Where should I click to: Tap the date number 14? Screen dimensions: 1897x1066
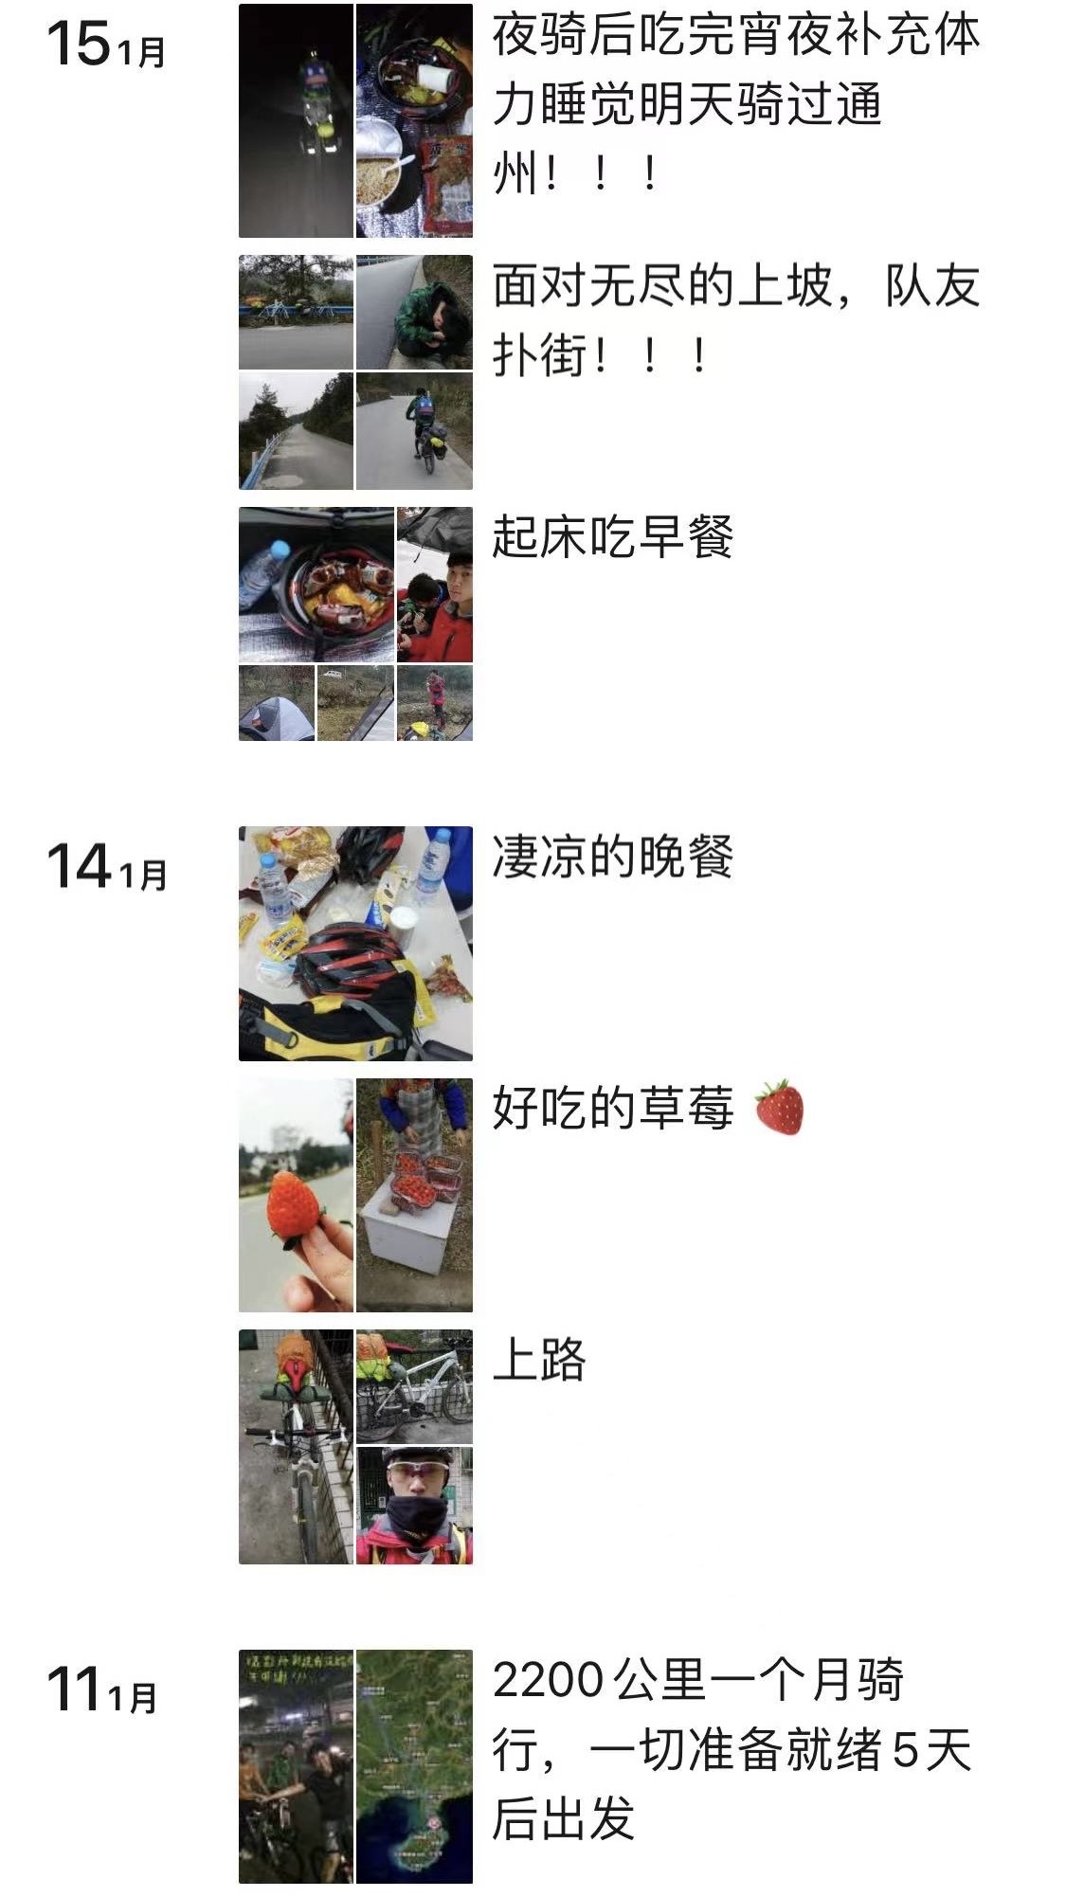point(78,867)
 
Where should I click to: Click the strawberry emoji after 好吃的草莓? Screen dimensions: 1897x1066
point(779,1107)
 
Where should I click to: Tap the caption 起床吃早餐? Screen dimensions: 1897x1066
point(612,537)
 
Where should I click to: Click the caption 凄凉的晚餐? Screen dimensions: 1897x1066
point(612,858)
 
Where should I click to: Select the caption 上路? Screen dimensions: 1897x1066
point(539,1361)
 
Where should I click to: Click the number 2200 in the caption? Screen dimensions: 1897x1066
point(548,1681)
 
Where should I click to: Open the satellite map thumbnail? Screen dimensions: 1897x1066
point(414,1766)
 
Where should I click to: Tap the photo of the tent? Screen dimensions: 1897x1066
point(276,703)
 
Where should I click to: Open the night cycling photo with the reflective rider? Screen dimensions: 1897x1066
point(296,120)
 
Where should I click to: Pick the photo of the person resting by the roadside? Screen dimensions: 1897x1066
point(414,312)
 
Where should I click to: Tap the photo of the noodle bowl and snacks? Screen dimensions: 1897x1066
point(414,120)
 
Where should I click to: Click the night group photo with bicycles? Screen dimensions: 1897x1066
point(296,1766)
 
